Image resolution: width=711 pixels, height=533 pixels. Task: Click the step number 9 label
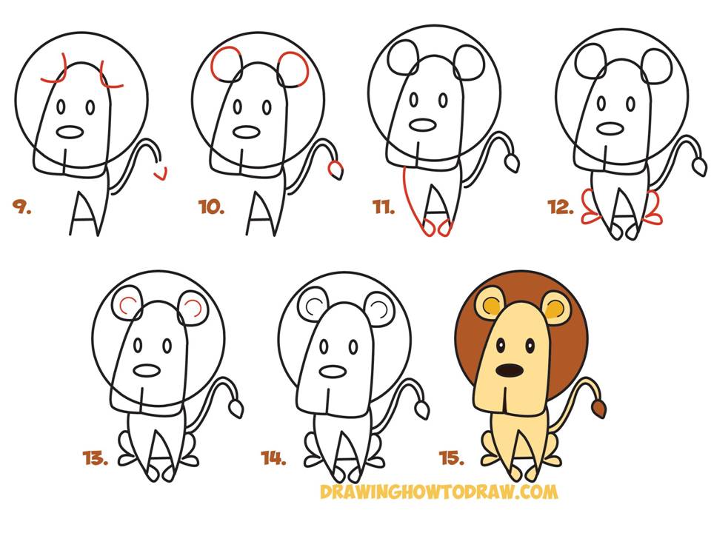pos(21,207)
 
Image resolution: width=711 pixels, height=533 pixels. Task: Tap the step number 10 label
pos(211,207)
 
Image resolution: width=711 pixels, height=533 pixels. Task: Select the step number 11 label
pos(384,207)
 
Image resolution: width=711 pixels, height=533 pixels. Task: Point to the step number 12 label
pos(561,207)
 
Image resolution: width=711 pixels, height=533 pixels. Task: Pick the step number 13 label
pos(96,458)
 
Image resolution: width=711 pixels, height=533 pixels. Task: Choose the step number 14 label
pos(273,458)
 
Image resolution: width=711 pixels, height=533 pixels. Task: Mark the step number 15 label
pos(452,458)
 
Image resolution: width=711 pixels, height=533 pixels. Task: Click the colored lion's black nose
pos(510,370)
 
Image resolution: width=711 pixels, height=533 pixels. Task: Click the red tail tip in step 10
pos(335,170)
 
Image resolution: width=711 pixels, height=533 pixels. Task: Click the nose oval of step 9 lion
pos(70,133)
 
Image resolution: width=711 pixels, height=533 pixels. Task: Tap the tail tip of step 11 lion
pos(513,163)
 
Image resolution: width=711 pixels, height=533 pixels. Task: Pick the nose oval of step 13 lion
pos(147,370)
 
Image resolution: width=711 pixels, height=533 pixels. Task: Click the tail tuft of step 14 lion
pos(423,409)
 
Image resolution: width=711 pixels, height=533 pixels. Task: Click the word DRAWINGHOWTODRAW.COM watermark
pos(438,492)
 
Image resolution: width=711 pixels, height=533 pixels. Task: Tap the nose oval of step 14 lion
pos(333,371)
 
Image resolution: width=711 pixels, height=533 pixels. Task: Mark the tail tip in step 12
pos(700,167)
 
